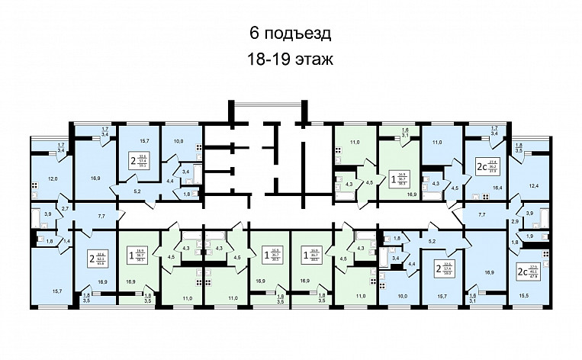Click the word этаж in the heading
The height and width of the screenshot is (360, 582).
[x=314, y=58]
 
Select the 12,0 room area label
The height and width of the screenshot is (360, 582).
[x=53, y=178]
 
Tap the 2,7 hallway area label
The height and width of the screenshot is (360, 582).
[x=66, y=208]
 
